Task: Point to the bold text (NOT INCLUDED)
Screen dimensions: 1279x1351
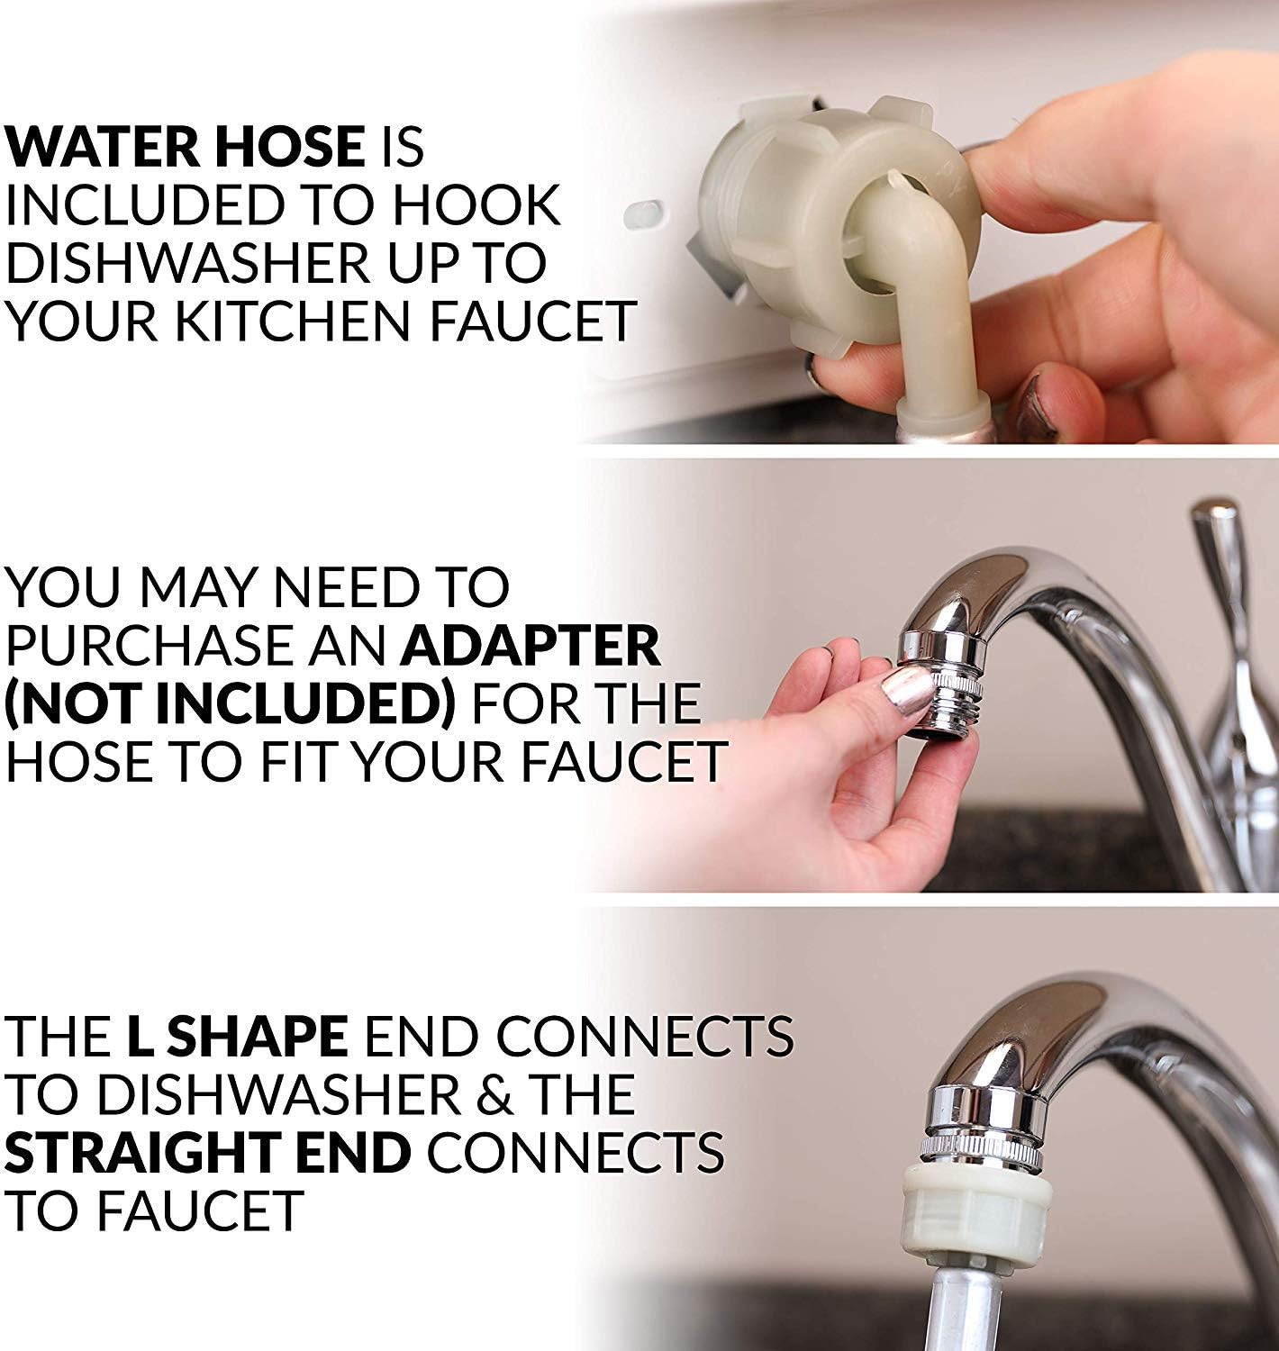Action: click(x=230, y=704)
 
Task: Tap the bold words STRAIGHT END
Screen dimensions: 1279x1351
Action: click(x=207, y=1152)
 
